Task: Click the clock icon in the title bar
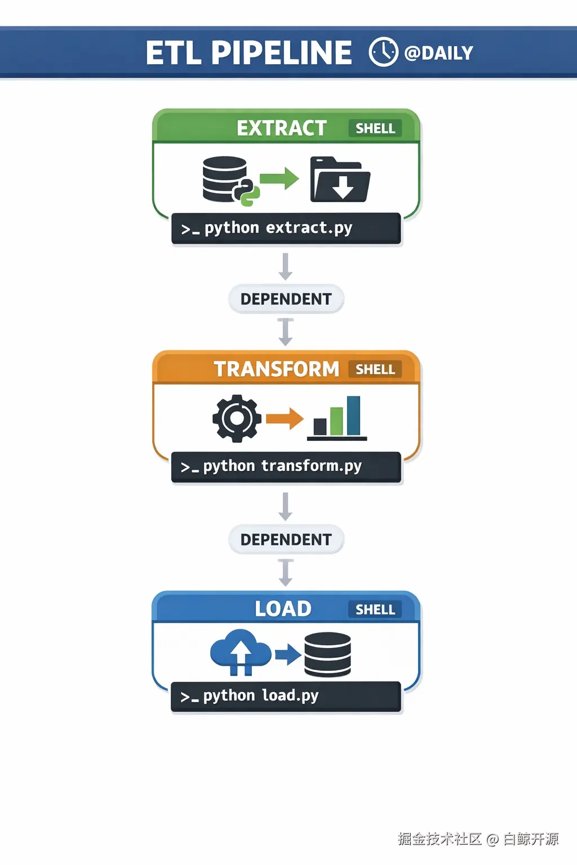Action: coord(383,52)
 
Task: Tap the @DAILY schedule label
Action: coord(439,53)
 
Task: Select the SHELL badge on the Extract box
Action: coord(375,128)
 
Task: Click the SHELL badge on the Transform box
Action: coord(375,369)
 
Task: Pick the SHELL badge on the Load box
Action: coord(375,609)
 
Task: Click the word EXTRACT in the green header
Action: coord(281,128)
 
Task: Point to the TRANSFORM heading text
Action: coord(276,369)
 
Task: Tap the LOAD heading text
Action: coord(283,609)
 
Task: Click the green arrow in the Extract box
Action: coord(279,179)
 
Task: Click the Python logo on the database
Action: coord(247,193)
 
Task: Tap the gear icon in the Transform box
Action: coord(237,418)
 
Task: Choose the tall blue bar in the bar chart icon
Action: coord(353,415)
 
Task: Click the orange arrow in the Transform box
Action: coord(285,418)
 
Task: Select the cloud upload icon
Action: coord(241,652)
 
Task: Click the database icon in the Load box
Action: coord(327,654)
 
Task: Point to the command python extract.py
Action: coord(278,228)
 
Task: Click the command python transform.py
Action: coord(282,466)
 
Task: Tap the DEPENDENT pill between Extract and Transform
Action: coord(286,299)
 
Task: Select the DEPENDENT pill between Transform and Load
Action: coord(286,539)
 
